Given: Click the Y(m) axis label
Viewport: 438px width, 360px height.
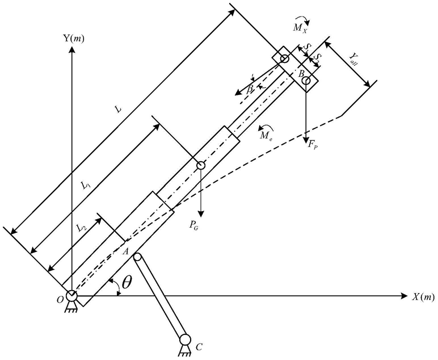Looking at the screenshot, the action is [73, 38].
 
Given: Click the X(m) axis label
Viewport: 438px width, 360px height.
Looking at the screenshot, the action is [423, 296].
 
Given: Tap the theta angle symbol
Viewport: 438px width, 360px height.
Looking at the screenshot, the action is [127, 282].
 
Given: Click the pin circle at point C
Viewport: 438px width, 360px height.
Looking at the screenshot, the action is [185, 340].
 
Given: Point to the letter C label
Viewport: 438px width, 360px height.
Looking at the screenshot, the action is [199, 347].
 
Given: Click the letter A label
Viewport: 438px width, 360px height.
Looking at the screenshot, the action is [125, 252].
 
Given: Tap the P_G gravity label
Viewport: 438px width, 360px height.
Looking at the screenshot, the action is [193, 225].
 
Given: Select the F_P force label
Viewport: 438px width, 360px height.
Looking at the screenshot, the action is [312, 145].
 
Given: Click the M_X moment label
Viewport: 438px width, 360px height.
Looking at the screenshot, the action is [300, 28].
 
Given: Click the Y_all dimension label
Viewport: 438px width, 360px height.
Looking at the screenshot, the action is [353, 59].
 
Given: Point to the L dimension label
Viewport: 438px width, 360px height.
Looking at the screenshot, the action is [119, 110].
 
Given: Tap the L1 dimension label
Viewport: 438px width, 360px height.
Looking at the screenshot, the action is [86, 186].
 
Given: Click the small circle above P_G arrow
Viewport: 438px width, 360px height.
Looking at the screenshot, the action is [201, 165].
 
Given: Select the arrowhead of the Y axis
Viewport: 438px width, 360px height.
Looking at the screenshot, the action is [72, 50].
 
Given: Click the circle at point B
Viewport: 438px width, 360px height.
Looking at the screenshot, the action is [306, 81].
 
